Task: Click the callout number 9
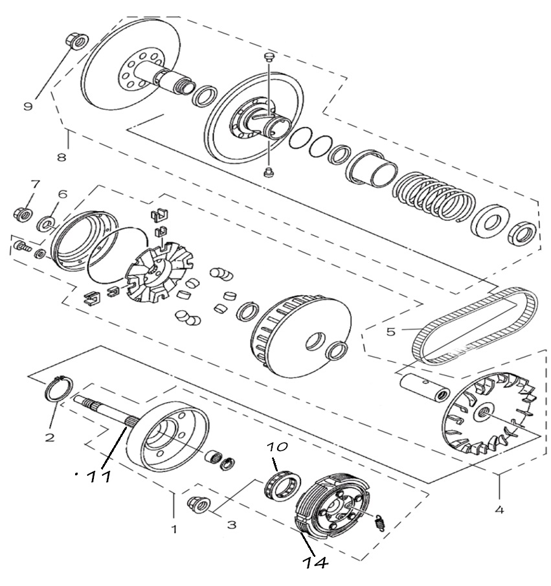tap(28, 106)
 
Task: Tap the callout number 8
tap(62, 157)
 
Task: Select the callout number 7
tap(35, 185)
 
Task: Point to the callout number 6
tap(62, 194)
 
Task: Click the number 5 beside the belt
tap(390, 332)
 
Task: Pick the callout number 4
tap(499, 510)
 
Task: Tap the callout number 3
tap(232, 524)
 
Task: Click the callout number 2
tap(50, 437)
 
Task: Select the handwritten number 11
tap(98, 477)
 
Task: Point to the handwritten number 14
tap(315, 563)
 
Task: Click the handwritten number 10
tap(277, 447)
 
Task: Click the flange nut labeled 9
tap(76, 41)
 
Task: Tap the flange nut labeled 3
tap(198, 504)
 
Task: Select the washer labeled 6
tap(45, 224)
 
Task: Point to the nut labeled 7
tap(23, 214)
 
